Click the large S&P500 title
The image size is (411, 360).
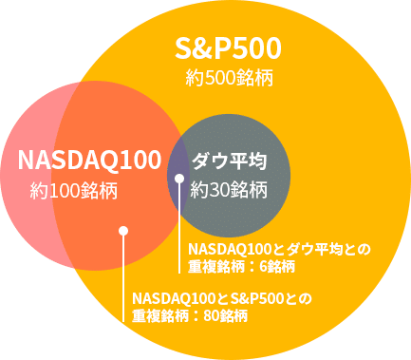click(x=229, y=47)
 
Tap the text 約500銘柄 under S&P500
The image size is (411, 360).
click(x=229, y=78)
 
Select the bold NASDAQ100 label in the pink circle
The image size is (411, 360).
click(x=88, y=160)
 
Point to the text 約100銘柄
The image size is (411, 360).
click(x=73, y=190)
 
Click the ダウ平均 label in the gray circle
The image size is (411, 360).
click(x=228, y=160)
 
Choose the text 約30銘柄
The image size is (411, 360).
click(x=228, y=189)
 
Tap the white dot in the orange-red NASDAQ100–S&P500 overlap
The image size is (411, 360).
click(x=121, y=230)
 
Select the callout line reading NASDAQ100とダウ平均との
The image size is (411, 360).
click(x=280, y=249)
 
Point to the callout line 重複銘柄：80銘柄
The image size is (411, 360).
click(x=190, y=315)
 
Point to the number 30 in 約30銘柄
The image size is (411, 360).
click(x=219, y=189)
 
